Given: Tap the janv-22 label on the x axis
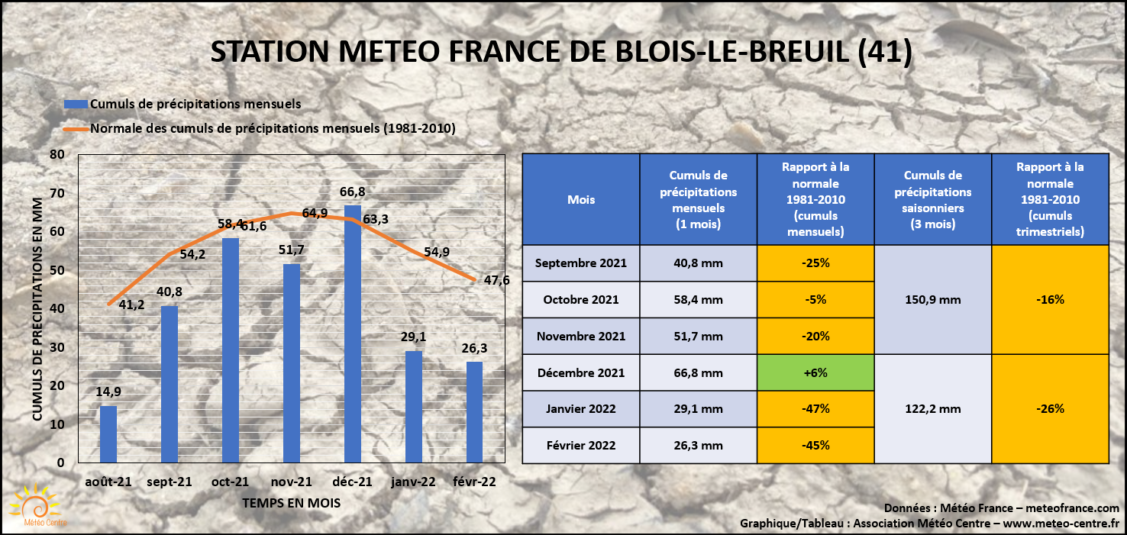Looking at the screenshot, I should (413, 482).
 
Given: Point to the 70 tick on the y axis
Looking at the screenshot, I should (57, 193).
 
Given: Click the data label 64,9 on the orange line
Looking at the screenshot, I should (315, 213).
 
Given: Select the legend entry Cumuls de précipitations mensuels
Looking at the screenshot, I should (195, 103).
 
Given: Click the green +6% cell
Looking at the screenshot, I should (815, 372).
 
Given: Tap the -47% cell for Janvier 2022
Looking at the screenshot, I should (815, 408).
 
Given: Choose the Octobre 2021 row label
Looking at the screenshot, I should (581, 299).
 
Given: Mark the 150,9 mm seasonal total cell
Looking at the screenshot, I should (932, 299).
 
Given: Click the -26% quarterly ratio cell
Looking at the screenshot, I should (1050, 408).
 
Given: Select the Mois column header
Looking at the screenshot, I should (581, 200).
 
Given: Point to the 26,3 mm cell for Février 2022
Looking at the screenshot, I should (698, 445).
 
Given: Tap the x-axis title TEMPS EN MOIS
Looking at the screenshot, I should (291, 504).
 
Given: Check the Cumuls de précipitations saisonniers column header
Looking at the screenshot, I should (932, 200).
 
